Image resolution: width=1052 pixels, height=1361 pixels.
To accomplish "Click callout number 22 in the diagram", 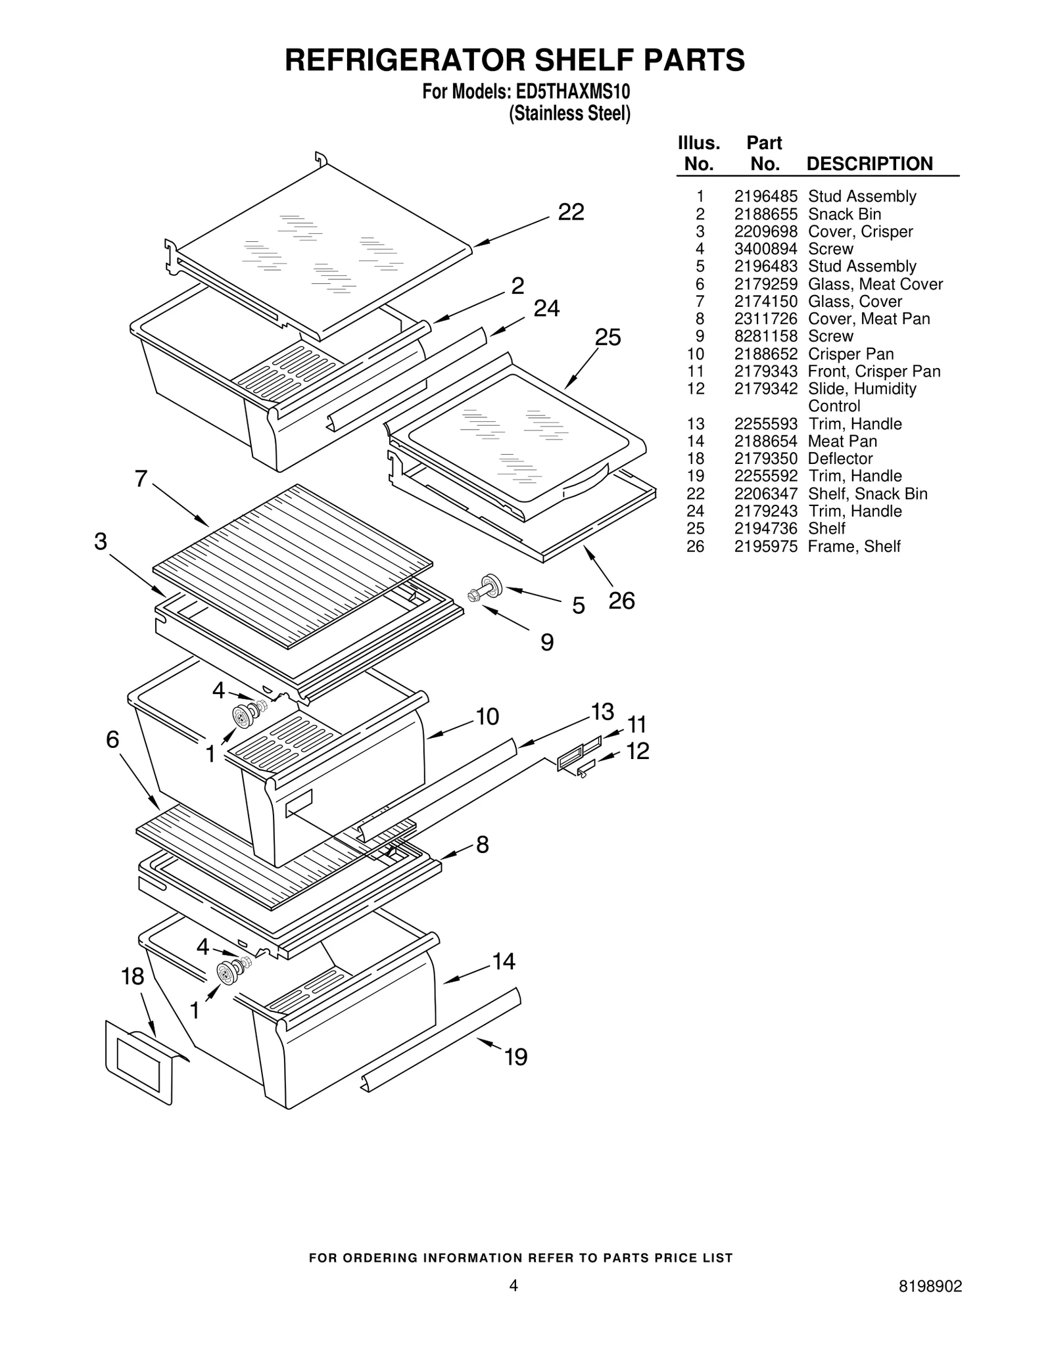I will pyautogui.click(x=570, y=212).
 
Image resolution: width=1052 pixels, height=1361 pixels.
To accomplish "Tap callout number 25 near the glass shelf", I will pyautogui.click(x=607, y=338).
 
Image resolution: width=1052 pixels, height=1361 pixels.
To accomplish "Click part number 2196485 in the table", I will pyautogui.click(x=765, y=196).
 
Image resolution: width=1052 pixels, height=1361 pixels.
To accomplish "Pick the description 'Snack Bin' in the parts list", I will pyautogui.click(x=844, y=214).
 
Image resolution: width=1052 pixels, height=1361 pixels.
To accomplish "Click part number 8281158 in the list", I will pyautogui.click(x=765, y=336).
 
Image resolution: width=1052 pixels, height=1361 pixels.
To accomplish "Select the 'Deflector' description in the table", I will pyautogui.click(x=840, y=459).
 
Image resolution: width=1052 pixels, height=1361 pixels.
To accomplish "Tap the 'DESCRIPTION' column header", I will pyautogui.click(x=869, y=164).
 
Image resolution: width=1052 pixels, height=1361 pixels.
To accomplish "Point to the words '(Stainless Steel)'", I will pyautogui.click(x=569, y=114).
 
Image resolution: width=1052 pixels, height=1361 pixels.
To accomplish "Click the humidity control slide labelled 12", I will pyautogui.click(x=585, y=766).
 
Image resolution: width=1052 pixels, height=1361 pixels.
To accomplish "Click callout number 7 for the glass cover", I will pyautogui.click(x=141, y=479).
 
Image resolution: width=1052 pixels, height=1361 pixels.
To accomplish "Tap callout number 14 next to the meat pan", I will pyautogui.click(x=503, y=962).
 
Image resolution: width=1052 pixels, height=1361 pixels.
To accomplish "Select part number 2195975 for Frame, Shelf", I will pyautogui.click(x=765, y=547).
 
